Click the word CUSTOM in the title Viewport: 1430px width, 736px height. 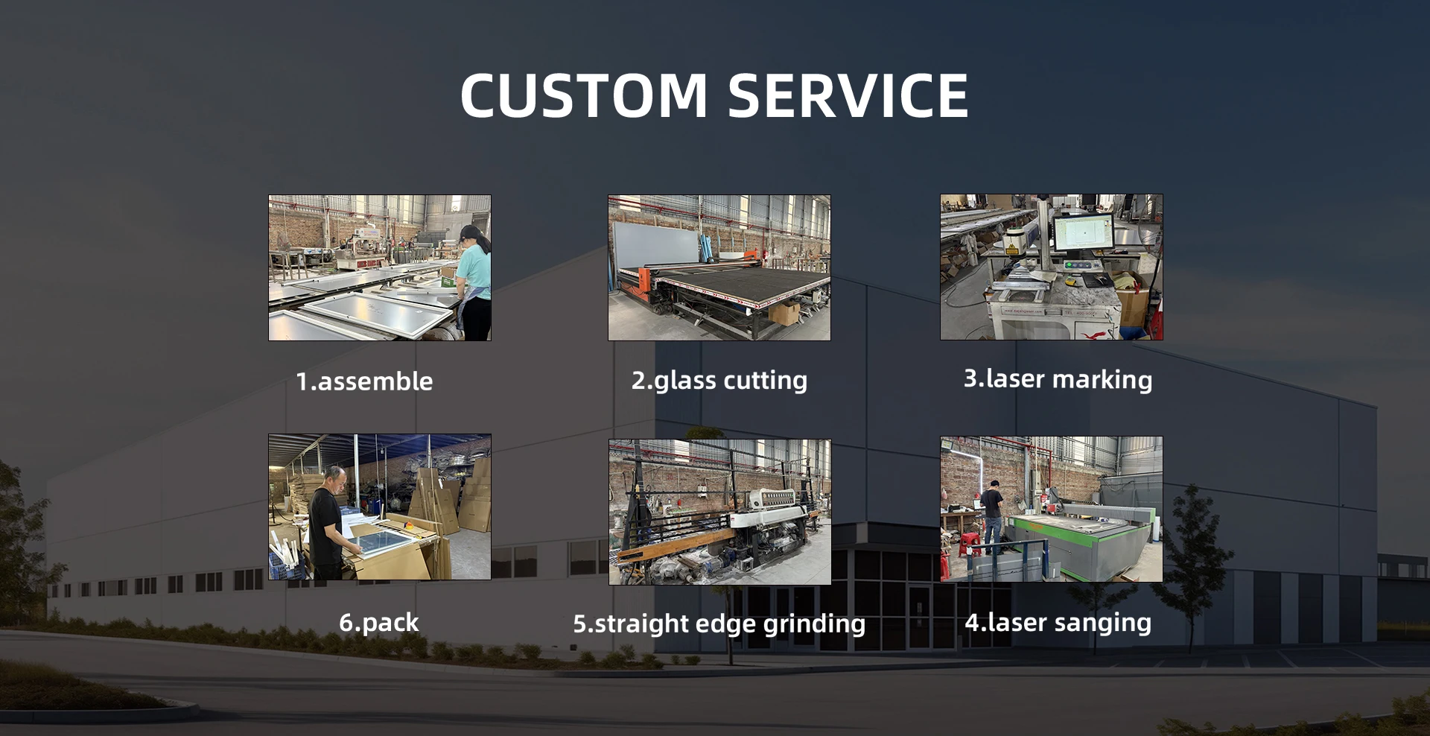click(x=584, y=95)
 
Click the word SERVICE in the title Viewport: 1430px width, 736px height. click(x=848, y=95)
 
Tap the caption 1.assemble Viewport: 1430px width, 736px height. click(x=364, y=381)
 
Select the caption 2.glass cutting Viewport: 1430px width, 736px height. click(x=719, y=381)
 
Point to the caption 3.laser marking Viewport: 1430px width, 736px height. click(x=1058, y=379)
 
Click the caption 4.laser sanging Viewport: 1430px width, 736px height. click(x=1058, y=623)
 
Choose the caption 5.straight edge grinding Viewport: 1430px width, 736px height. click(x=719, y=624)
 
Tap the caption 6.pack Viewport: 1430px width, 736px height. click(x=379, y=623)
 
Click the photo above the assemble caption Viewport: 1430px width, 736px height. click(x=380, y=268)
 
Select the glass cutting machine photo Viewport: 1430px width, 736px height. click(x=719, y=268)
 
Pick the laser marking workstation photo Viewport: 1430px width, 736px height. click(x=1052, y=267)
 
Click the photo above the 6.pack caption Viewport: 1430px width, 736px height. click(x=380, y=507)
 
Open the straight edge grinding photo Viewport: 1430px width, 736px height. click(x=719, y=512)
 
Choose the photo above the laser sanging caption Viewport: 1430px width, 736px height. click(x=1052, y=510)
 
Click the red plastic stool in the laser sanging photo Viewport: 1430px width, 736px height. click(x=969, y=545)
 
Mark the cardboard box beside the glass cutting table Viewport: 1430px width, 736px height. click(x=785, y=312)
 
